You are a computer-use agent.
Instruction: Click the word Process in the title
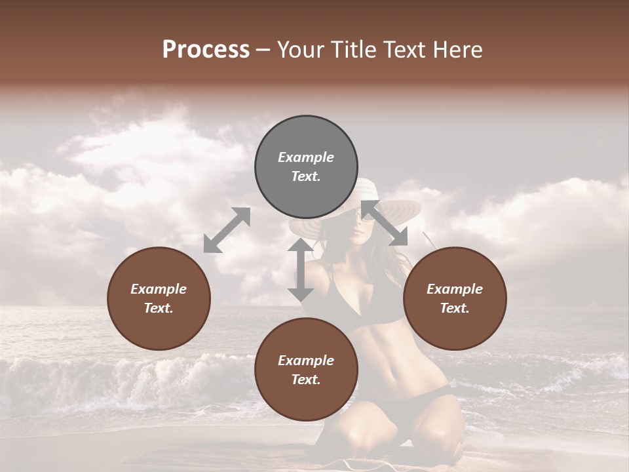pyautogui.click(x=206, y=50)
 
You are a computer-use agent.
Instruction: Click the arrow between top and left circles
pyautogui.click(x=227, y=230)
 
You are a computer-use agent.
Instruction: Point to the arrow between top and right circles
pyautogui.click(x=384, y=223)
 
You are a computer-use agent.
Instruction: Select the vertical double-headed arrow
pyautogui.click(x=301, y=269)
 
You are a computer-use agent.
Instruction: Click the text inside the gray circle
pyautogui.click(x=306, y=167)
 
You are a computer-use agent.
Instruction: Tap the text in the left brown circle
pyautogui.click(x=159, y=298)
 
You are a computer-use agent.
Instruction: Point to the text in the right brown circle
pyautogui.click(x=454, y=298)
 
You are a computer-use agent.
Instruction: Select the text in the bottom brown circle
pyautogui.click(x=306, y=370)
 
